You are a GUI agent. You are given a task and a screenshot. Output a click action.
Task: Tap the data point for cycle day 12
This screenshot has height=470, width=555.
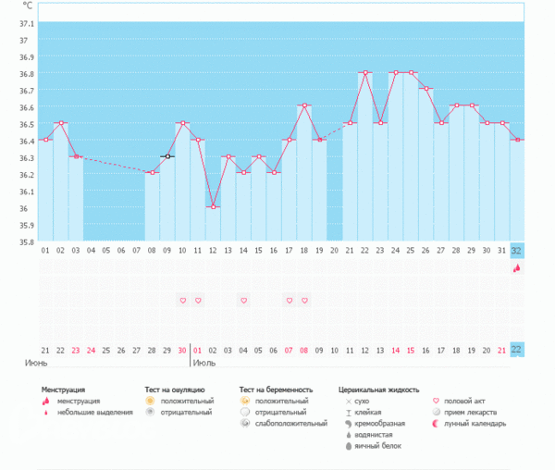213,206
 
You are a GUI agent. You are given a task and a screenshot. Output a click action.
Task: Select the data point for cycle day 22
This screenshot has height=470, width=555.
364,72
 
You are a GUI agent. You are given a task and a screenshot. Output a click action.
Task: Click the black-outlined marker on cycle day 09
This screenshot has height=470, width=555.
167,156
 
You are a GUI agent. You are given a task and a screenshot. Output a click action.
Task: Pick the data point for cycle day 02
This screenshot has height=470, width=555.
61,122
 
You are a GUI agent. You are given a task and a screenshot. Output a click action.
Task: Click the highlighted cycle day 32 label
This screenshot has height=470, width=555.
516,251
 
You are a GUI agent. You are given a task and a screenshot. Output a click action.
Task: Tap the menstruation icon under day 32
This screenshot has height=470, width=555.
516,268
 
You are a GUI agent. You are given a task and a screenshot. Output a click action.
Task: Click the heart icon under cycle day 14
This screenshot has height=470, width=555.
243,301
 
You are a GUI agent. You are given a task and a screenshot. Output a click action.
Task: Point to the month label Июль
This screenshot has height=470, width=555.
204,364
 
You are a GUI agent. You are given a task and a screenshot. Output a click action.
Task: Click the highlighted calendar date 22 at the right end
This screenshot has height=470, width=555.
516,350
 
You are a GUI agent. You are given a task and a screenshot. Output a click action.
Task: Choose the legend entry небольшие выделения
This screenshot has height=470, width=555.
90,412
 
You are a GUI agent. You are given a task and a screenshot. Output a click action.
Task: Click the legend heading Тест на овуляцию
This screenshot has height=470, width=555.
175,390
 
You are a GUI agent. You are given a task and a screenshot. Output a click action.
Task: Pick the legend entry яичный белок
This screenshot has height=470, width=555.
379,445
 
